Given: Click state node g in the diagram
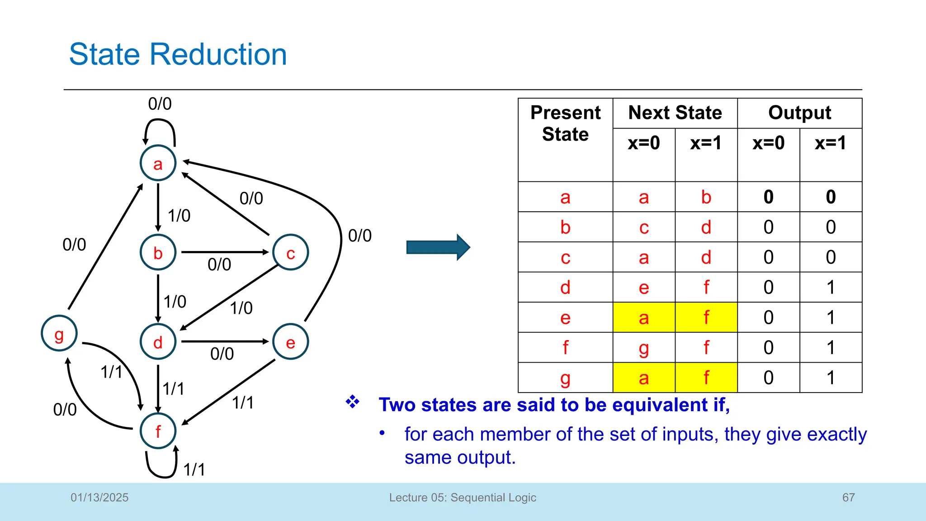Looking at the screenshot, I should click(x=59, y=334).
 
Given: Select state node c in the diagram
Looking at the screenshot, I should click(x=291, y=252).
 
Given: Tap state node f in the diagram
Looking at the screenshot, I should click(x=158, y=431).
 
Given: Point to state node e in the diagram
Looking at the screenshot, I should click(x=291, y=342).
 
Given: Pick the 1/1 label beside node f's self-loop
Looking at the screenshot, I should click(x=194, y=469).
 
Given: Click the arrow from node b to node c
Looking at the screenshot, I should click(x=225, y=252).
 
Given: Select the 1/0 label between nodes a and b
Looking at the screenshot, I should click(x=179, y=216).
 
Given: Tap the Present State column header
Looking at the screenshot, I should click(x=565, y=123).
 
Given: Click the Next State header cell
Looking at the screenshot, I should click(x=675, y=113).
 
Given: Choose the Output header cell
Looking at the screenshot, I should click(x=799, y=113).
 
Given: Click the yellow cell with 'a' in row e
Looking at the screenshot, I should click(x=644, y=317).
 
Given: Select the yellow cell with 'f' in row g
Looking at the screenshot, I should click(x=706, y=378).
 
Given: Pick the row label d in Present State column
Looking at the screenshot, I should click(x=565, y=288).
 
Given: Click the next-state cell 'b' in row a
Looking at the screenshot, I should click(x=706, y=197).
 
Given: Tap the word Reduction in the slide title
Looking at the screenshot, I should click(x=218, y=54).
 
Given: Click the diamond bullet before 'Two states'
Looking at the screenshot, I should click(x=353, y=402).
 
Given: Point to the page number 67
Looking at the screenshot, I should click(x=848, y=497).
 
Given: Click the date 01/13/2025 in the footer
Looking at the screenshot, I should click(x=99, y=497).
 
